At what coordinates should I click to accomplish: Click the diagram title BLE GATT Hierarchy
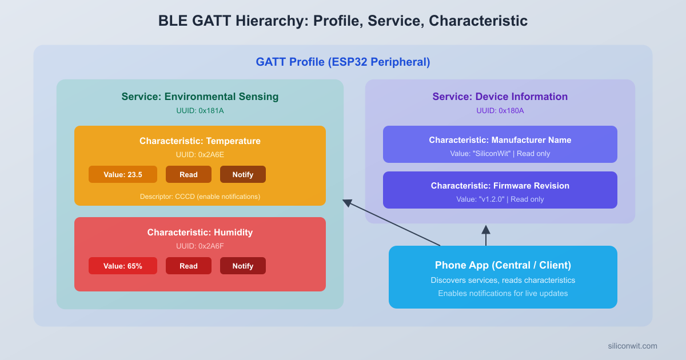(x=343, y=21)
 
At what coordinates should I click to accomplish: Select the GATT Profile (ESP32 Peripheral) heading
(x=343, y=62)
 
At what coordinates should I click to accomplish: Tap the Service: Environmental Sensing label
(x=200, y=97)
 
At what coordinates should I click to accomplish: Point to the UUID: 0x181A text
(x=200, y=111)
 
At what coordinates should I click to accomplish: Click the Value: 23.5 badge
(x=123, y=174)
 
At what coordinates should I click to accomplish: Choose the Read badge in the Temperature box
(x=189, y=174)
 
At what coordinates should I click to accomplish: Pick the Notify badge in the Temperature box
(x=243, y=174)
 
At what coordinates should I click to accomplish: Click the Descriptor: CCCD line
(x=200, y=197)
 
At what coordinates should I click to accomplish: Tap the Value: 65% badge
(x=123, y=266)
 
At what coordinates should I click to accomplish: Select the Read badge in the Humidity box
(x=189, y=266)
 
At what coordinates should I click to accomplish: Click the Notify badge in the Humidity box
(x=243, y=266)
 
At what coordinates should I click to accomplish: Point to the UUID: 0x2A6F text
(x=200, y=246)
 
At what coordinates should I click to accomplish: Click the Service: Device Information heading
(x=500, y=97)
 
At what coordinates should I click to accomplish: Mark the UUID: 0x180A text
(x=500, y=111)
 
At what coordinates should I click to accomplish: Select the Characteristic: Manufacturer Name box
(x=500, y=144)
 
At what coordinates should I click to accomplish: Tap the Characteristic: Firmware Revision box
(x=500, y=190)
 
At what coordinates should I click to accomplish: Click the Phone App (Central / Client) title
(x=503, y=265)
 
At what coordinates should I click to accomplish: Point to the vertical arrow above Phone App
(x=486, y=235)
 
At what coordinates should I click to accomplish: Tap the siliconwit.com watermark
(x=632, y=346)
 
